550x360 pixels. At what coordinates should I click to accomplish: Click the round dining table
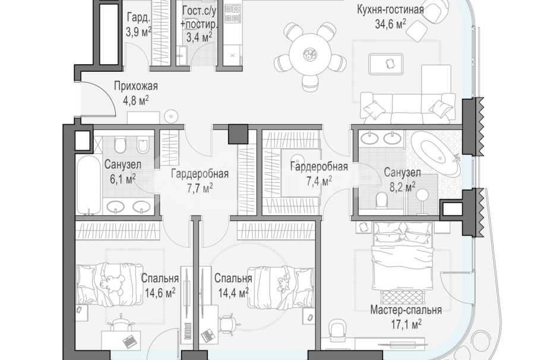click(310, 54)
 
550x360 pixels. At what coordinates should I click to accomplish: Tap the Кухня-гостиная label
click(390, 10)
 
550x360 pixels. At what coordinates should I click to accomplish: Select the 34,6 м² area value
click(390, 24)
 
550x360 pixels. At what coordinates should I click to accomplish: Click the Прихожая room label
click(136, 86)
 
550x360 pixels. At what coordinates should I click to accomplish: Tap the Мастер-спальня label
click(406, 310)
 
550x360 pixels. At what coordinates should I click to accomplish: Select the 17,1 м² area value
click(406, 324)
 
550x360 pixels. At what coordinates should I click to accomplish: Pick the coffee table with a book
click(386, 64)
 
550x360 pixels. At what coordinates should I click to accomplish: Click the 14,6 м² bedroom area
click(160, 292)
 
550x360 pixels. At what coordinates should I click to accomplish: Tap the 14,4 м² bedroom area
click(233, 292)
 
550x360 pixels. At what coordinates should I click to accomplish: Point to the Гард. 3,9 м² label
click(139, 24)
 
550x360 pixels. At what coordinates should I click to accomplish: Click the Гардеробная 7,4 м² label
click(319, 173)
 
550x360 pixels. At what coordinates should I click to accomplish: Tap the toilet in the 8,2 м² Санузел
click(381, 200)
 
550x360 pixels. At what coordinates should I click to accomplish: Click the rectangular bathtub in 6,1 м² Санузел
click(88, 185)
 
